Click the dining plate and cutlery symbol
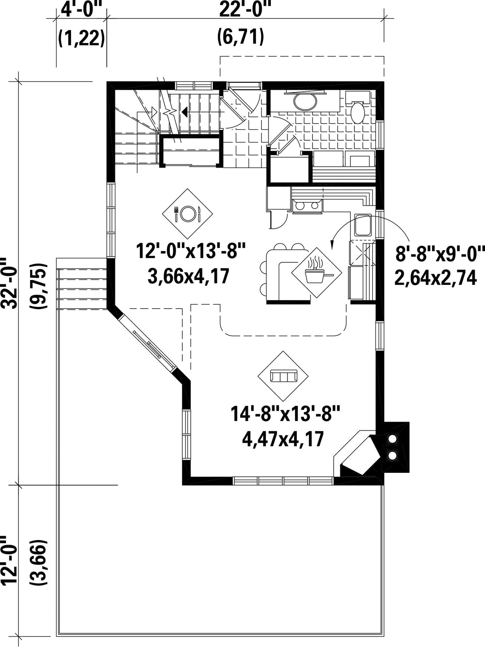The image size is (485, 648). (x=188, y=214)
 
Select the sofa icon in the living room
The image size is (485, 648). (x=283, y=376)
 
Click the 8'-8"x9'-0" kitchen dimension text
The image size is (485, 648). (x=440, y=254)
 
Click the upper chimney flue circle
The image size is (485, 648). (x=392, y=439)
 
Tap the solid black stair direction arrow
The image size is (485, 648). (x=185, y=111)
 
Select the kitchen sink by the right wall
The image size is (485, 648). (x=363, y=226)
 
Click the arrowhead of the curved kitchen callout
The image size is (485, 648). (x=332, y=245)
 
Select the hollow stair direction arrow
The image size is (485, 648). (x=154, y=111)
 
